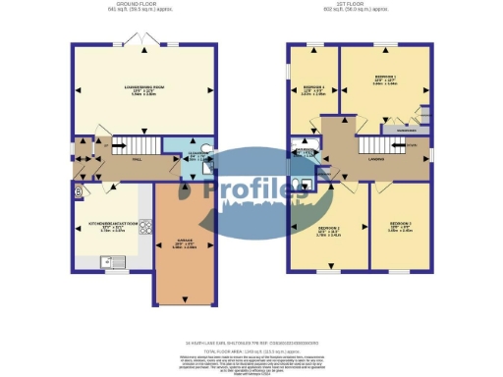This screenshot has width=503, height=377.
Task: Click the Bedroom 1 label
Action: point(384,81)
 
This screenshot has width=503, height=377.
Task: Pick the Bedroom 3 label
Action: point(401,229)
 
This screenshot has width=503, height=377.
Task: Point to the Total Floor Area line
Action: point(251,350)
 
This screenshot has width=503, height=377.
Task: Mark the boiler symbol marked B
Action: point(78,192)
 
